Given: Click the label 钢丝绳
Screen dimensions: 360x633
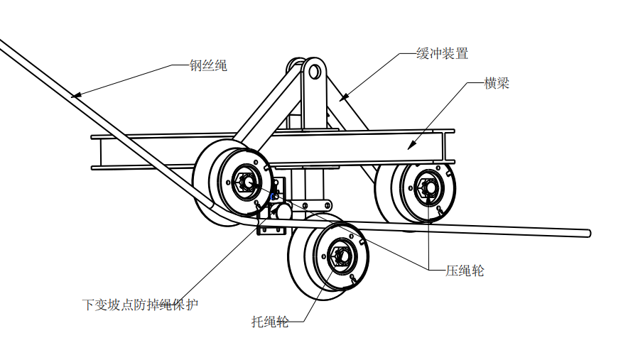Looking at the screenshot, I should click(207, 66).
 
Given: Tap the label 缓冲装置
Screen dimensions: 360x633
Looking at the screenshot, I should click(442, 53).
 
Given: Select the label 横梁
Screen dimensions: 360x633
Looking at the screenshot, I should click(497, 83).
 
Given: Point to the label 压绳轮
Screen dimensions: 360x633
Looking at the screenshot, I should click(465, 270).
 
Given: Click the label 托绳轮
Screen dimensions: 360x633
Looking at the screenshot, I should click(270, 322).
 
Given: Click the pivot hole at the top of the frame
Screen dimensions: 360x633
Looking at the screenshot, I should click(313, 71).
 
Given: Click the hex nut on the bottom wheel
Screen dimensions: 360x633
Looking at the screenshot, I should click(339, 256).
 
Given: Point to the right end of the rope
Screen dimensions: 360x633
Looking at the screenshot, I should click(587, 232).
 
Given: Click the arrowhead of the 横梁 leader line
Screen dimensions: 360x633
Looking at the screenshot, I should click(409, 148).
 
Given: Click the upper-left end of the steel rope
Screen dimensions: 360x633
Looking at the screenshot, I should click(2, 43).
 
